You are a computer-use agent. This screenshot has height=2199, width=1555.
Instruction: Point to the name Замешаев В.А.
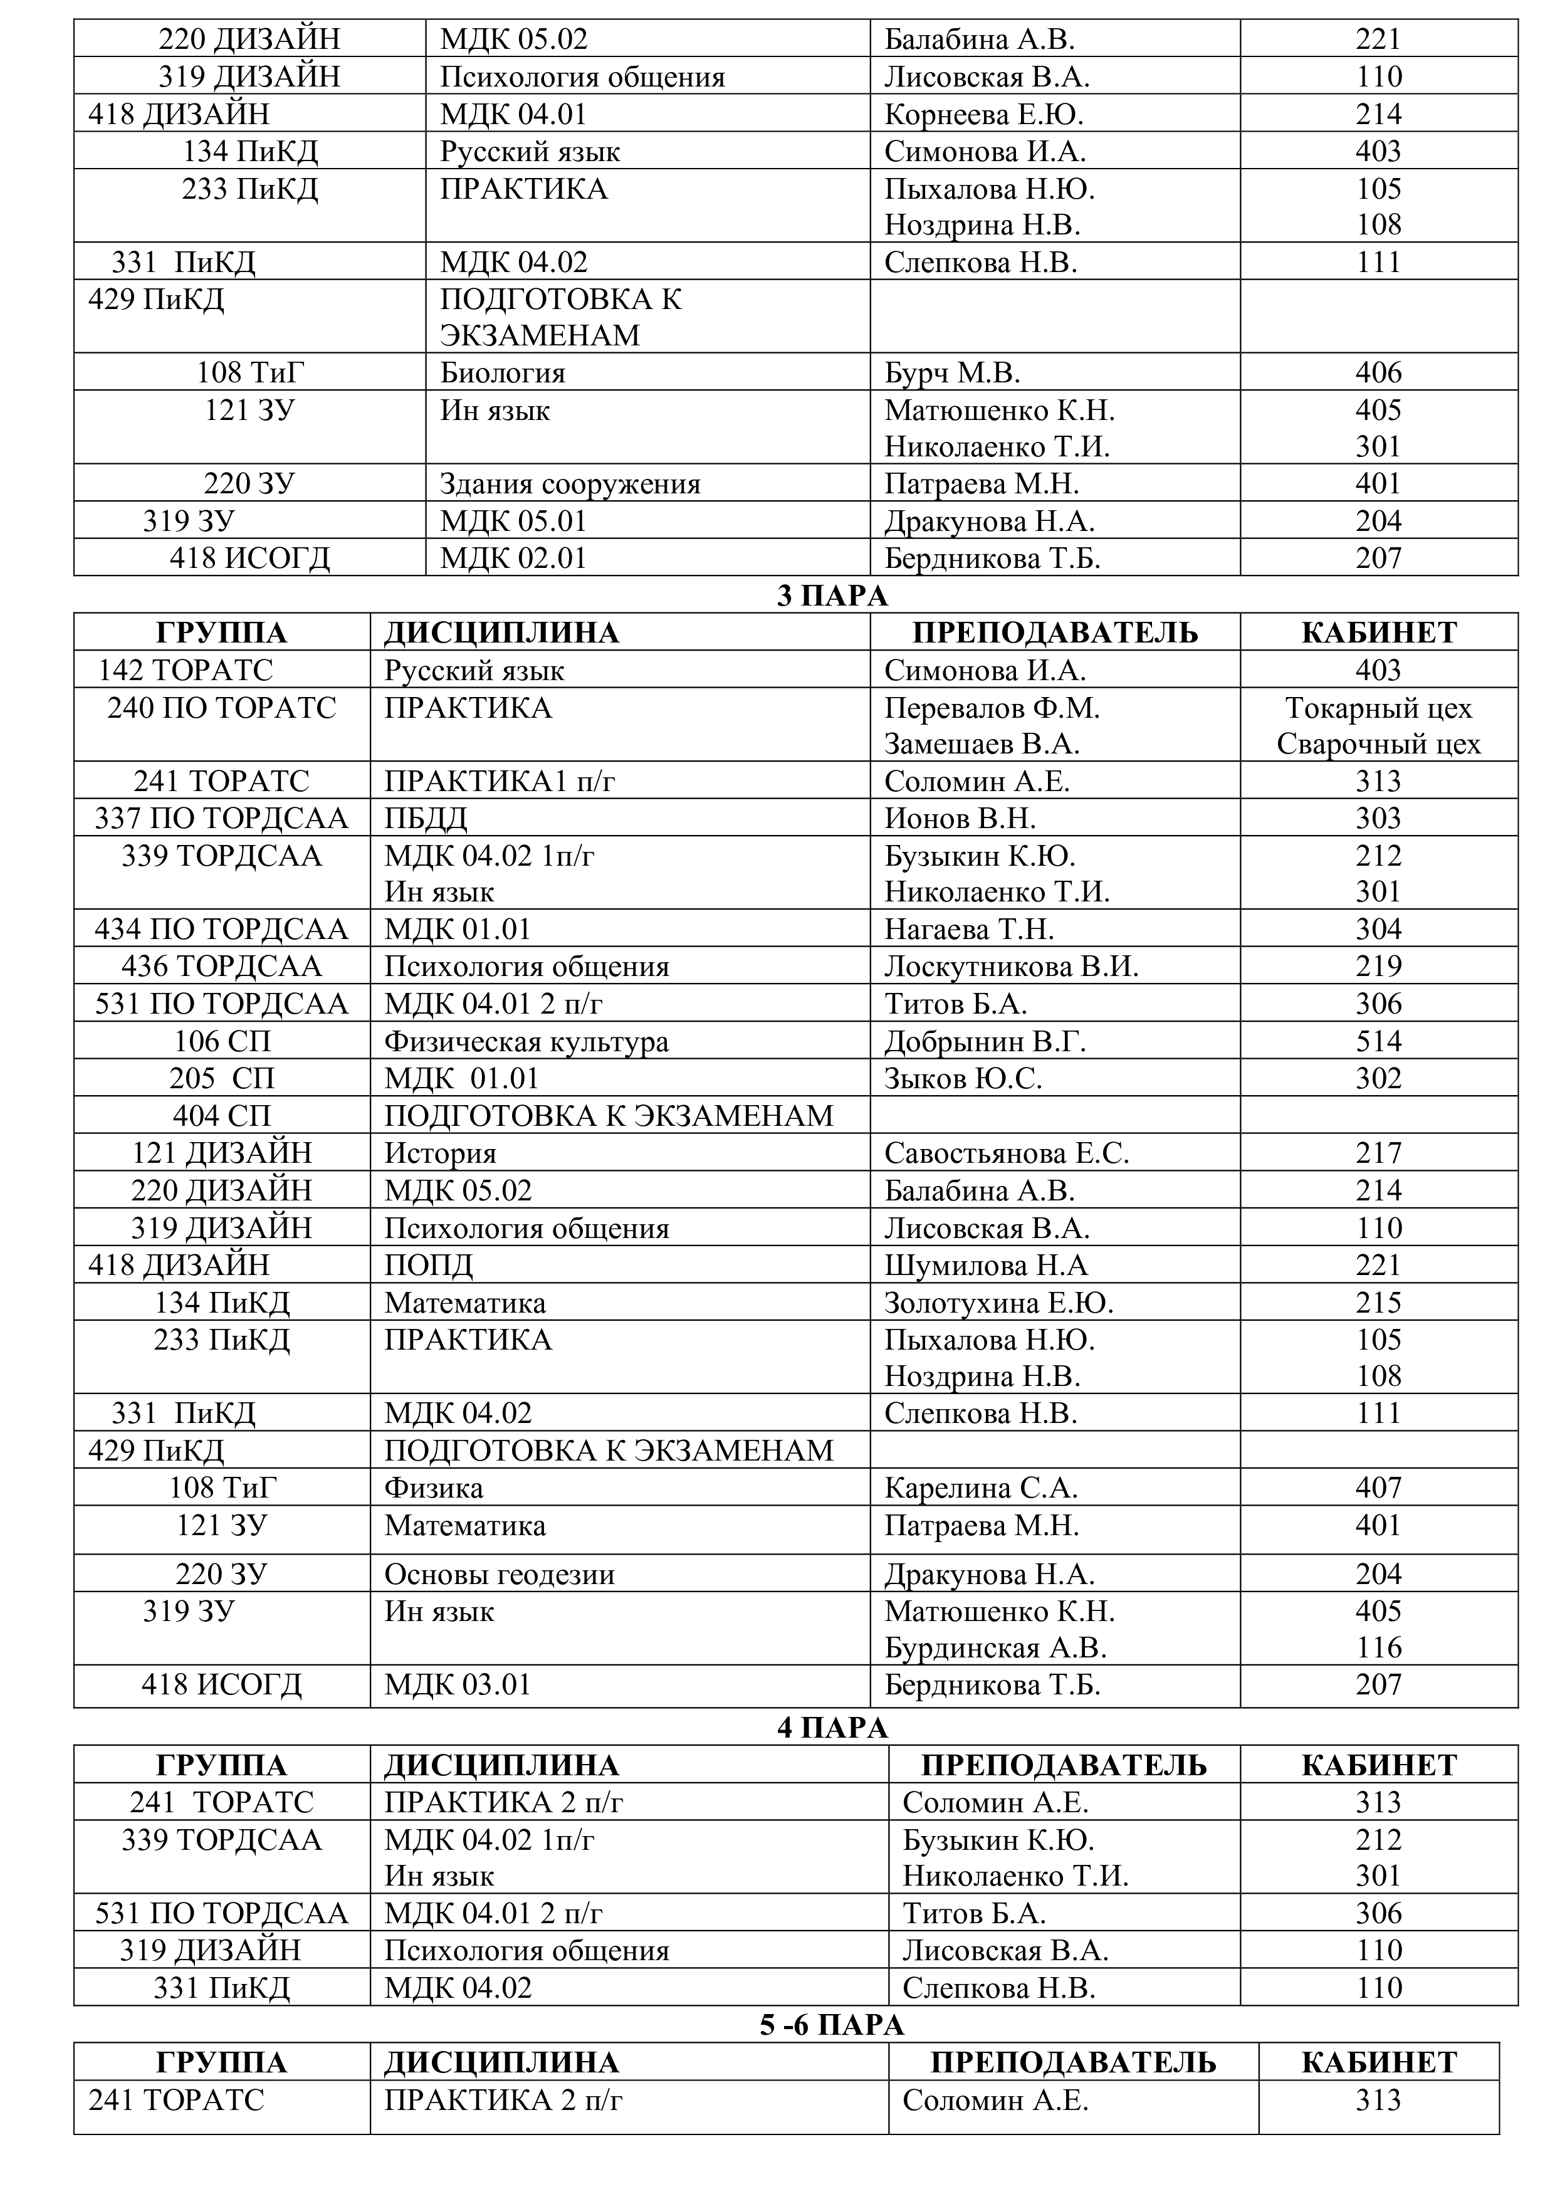point(982,744)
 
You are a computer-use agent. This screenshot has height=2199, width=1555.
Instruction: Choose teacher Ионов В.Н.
point(960,818)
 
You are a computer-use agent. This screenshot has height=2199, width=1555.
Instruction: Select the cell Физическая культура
point(526,1041)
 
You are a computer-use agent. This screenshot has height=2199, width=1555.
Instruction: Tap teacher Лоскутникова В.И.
point(1011,967)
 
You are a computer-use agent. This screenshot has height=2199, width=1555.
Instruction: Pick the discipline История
point(441,1153)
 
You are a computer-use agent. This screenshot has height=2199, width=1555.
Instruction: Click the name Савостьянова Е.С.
point(1007,1153)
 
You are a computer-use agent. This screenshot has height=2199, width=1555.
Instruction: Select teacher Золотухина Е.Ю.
point(998,1303)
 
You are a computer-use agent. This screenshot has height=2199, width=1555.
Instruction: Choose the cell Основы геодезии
point(499,1575)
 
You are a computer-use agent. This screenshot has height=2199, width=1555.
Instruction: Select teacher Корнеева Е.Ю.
point(983,114)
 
